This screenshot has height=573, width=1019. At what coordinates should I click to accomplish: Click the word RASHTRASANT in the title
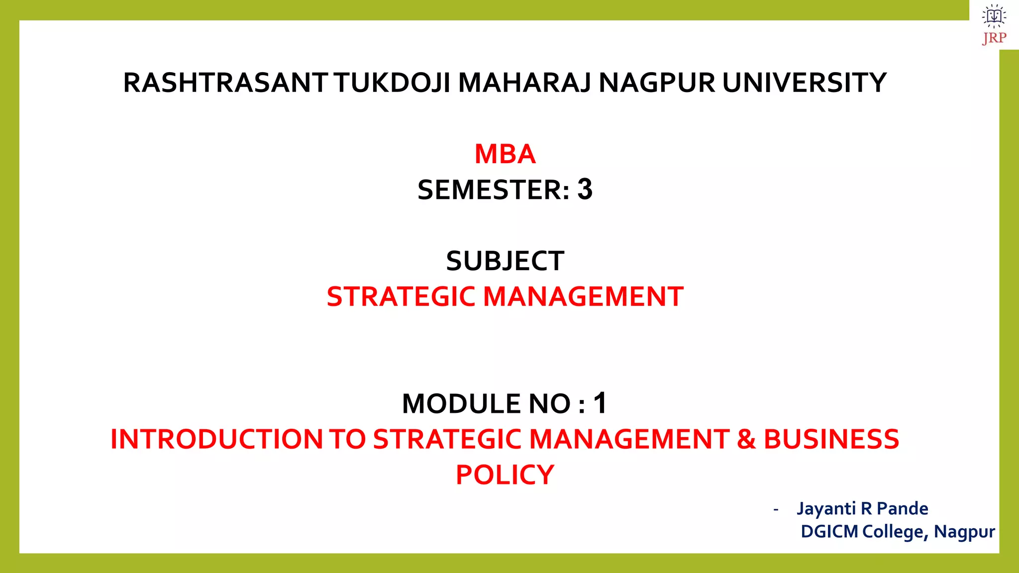pyautogui.click(x=225, y=83)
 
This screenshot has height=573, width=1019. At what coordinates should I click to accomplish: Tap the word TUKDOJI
pyautogui.click(x=392, y=83)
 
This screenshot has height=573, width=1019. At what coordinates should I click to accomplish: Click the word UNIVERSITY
pyautogui.click(x=804, y=83)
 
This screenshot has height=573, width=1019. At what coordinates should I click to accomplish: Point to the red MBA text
pyautogui.click(x=505, y=154)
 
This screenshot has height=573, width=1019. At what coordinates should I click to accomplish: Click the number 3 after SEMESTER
pyautogui.click(x=585, y=190)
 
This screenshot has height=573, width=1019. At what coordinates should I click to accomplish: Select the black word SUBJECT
pyautogui.click(x=505, y=261)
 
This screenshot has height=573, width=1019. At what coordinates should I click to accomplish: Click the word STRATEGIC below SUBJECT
pyautogui.click(x=401, y=297)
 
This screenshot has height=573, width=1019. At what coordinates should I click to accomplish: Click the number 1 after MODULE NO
pyautogui.click(x=601, y=403)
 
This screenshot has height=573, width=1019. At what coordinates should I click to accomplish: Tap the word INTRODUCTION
pyautogui.click(x=217, y=440)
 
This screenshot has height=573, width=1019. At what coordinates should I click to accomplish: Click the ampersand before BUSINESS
pyautogui.click(x=746, y=440)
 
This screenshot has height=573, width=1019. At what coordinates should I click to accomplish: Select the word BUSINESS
pyautogui.click(x=831, y=440)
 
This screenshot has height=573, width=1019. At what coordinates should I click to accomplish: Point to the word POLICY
pyautogui.click(x=505, y=475)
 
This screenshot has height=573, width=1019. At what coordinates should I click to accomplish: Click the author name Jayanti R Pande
pyautogui.click(x=862, y=509)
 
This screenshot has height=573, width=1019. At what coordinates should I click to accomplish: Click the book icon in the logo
pyautogui.click(x=994, y=16)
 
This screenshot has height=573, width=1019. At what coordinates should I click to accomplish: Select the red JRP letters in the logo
pyautogui.click(x=994, y=38)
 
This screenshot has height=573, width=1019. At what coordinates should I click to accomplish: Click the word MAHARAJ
pyautogui.click(x=524, y=83)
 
